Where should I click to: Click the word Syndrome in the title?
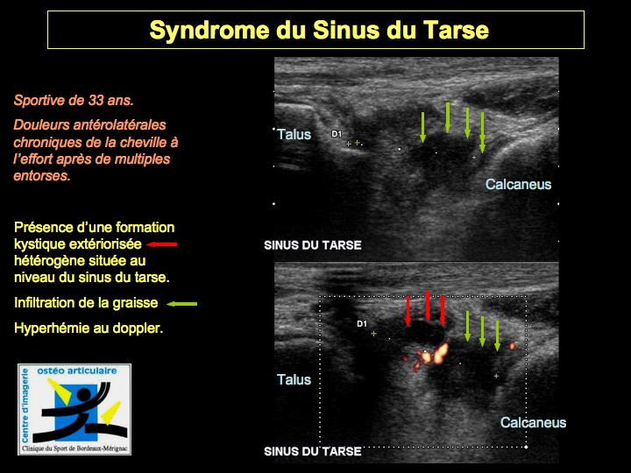coord(209,31)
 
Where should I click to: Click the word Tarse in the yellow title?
coord(456,30)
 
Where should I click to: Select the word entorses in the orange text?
coord(42,176)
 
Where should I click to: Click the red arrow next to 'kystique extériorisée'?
coord(162,244)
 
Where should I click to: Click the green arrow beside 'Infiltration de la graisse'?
coord(182,304)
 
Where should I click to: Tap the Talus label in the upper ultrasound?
coord(294,134)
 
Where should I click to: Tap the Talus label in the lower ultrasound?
coord(294,379)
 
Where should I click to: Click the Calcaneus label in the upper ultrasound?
coord(518,184)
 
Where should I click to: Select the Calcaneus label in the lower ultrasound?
coord(533,423)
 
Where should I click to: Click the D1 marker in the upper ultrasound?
coord(337,134)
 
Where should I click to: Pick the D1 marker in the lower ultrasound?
coord(362,324)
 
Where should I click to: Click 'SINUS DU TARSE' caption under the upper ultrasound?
coord(313,245)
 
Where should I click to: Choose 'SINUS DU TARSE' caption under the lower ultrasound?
coord(313,452)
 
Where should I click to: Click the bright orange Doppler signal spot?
coord(439,353)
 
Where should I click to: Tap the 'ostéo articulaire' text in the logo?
coord(77,371)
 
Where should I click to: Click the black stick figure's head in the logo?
coord(84,396)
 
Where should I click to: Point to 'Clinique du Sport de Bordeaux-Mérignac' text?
coord(74,448)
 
